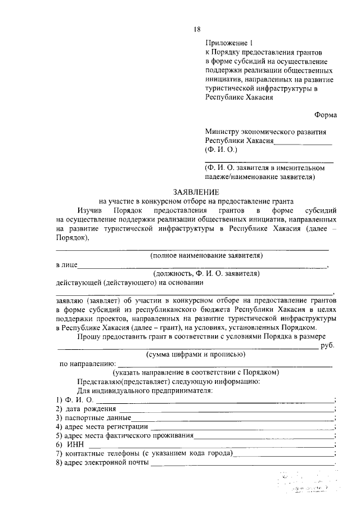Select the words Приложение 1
click(229, 43)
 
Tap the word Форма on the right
click(326, 115)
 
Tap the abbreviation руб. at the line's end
click(327, 345)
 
